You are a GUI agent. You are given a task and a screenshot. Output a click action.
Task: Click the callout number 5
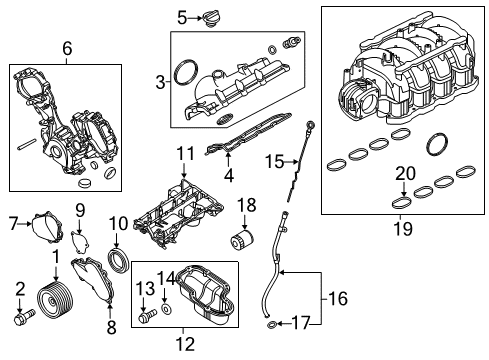[182, 16]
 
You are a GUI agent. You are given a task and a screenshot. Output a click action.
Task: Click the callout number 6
[67, 48]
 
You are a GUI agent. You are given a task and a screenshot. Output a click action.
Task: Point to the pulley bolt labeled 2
[23, 319]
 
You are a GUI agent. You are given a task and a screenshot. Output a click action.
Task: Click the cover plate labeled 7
[42, 225]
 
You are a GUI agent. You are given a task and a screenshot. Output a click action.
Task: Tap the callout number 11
[183, 153]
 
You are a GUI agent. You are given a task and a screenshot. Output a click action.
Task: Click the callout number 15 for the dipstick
[267, 160]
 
